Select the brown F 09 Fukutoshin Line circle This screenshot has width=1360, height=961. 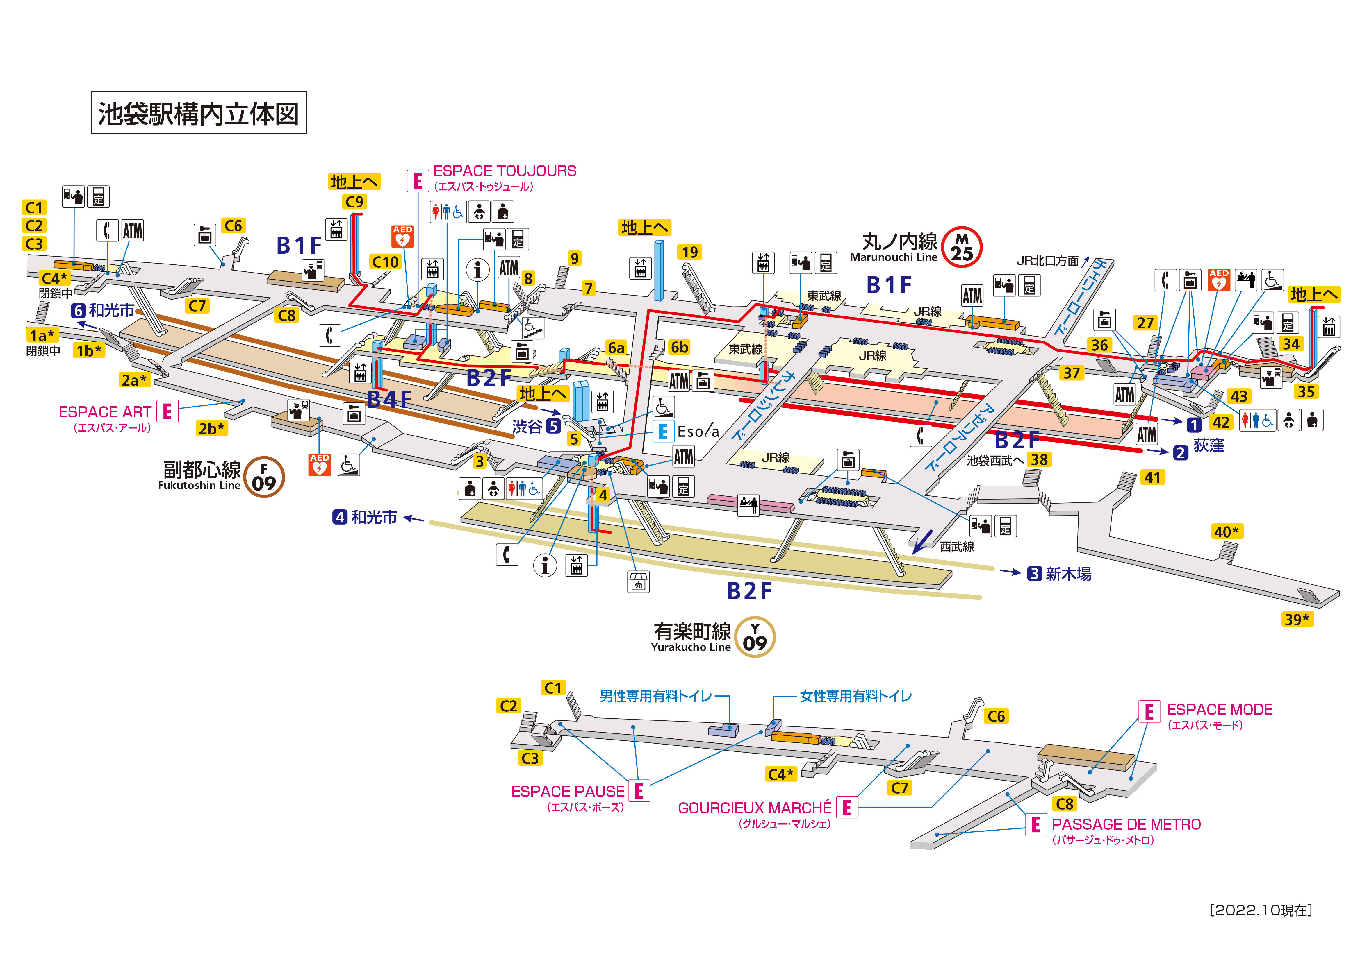point(264,477)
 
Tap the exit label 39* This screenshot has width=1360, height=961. point(1297,619)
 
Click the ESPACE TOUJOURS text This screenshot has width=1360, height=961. point(505,171)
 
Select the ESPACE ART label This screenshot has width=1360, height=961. point(105,412)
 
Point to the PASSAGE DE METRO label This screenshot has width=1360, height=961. point(1126,824)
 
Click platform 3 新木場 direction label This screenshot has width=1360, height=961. point(1059,574)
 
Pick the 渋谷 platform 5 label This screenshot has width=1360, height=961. point(536,426)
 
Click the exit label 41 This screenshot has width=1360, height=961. point(1152,477)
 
